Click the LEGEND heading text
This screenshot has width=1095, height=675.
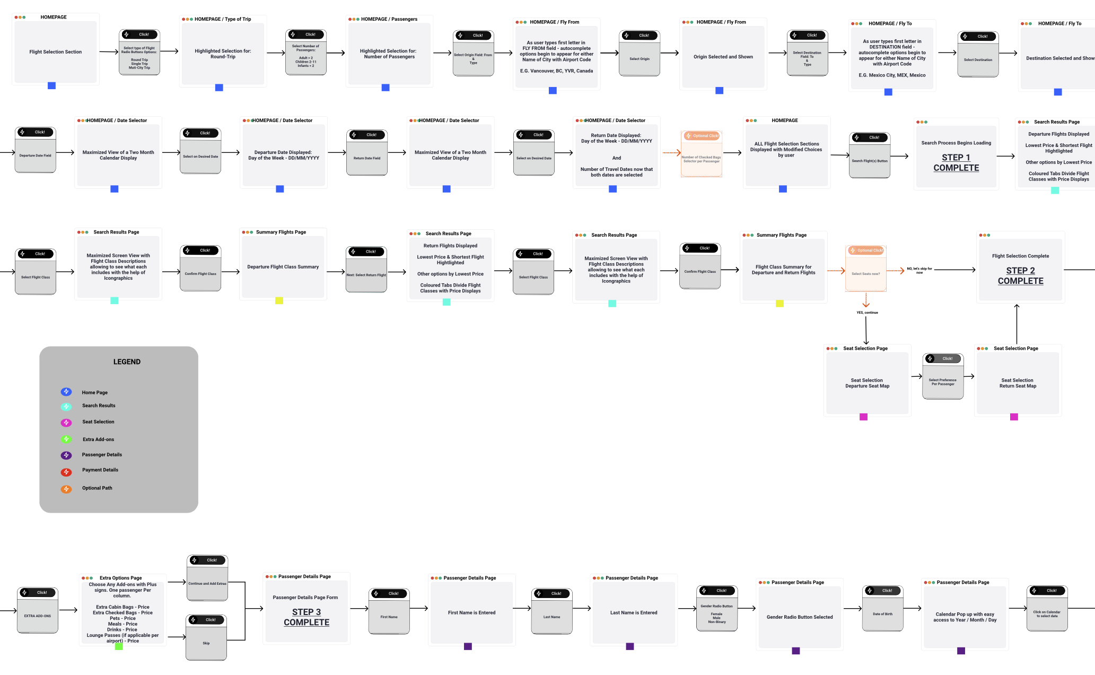pos(127,362)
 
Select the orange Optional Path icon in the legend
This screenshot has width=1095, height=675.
pos(66,489)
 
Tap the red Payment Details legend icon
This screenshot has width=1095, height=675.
pos(66,472)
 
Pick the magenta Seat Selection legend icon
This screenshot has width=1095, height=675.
pos(66,422)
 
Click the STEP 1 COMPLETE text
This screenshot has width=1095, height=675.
pos(956,163)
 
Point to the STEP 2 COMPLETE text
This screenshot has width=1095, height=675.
pos(1020,276)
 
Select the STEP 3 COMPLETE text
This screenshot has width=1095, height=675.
pos(306,617)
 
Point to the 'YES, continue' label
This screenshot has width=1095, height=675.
pos(867,313)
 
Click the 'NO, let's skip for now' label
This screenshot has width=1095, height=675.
pos(919,270)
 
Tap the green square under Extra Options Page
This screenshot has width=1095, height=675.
pos(119,646)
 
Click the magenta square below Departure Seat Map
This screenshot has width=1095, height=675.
pos(863,417)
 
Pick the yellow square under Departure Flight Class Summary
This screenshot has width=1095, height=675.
pos(279,301)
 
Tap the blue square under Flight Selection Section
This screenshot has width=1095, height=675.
pos(51,85)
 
